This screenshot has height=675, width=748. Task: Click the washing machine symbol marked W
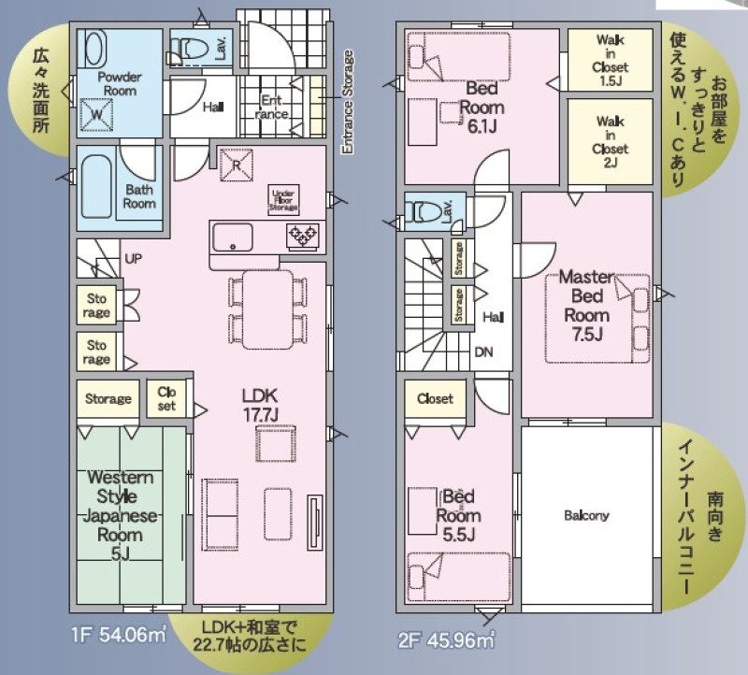point(97,114)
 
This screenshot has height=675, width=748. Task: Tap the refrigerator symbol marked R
point(237,165)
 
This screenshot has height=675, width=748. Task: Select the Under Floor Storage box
point(284,200)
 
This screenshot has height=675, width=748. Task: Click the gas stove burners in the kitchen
point(303,237)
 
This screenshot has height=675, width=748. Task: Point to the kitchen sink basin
point(233,237)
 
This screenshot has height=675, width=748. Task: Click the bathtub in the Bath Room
point(97,185)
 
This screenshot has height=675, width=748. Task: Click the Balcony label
point(586,516)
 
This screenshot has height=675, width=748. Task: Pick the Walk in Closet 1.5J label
point(611,60)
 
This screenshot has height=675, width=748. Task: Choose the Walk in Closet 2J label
point(611,142)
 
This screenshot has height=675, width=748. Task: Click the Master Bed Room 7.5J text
point(587,306)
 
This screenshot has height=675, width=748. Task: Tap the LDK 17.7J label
point(260,405)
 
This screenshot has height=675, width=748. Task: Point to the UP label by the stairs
point(133,259)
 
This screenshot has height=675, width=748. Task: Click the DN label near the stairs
point(483,352)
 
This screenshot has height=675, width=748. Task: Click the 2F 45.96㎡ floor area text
point(446,639)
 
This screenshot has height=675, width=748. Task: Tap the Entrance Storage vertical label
point(348,102)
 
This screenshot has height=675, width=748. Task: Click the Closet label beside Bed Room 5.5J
point(435,398)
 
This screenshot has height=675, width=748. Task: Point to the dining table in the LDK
point(267,310)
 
